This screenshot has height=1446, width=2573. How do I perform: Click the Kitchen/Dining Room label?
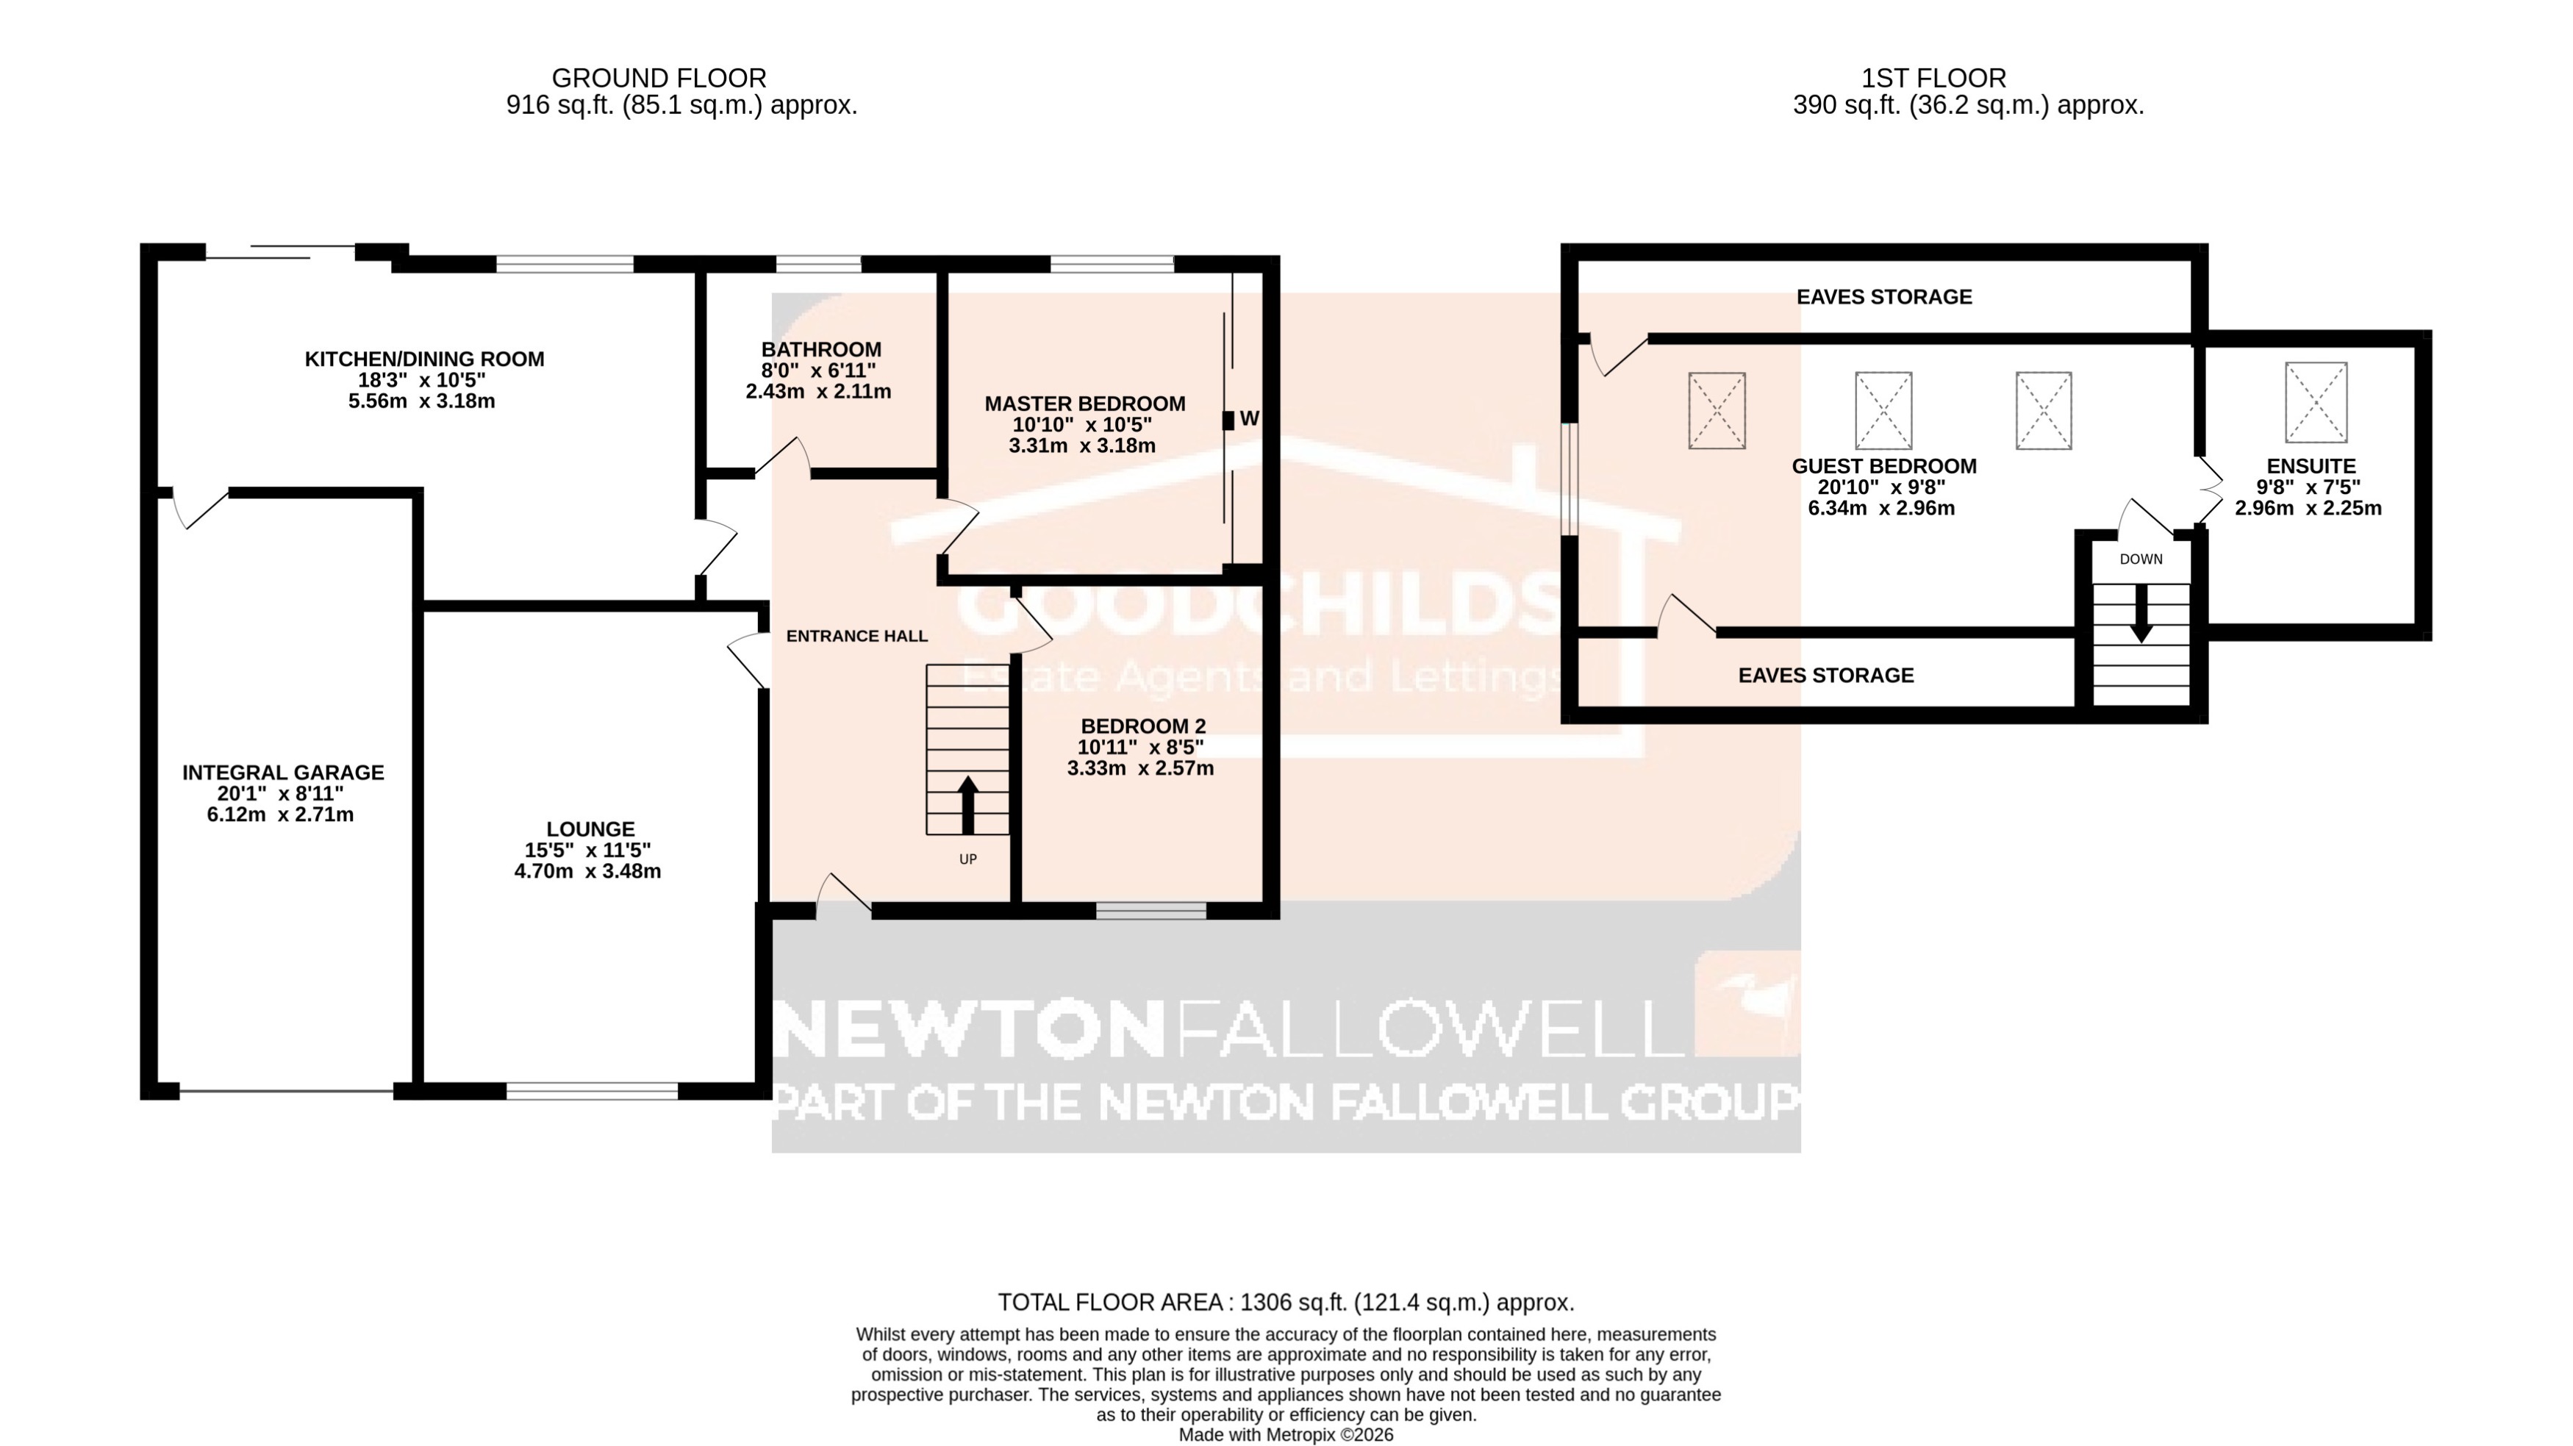coord(424,359)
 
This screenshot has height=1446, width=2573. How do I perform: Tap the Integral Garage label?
coord(283,773)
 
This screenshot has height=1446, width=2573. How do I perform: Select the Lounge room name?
coord(590,828)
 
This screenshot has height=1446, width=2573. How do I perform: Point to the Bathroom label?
coord(821,349)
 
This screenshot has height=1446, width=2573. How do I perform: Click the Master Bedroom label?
coord(1085,404)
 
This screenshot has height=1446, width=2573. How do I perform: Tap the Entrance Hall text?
coord(857,636)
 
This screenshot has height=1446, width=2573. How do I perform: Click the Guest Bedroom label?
coord(1883,466)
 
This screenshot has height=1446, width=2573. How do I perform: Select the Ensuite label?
coord(2311,466)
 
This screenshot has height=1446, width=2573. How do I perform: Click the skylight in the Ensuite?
coord(2315,402)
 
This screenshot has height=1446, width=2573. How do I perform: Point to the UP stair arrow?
coord(967,804)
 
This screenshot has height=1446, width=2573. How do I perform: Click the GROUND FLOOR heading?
coord(659,78)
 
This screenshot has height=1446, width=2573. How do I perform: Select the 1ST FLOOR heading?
coord(1933,78)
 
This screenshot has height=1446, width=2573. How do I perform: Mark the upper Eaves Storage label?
coord(1883,296)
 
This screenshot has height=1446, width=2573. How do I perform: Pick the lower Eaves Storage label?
coord(1826,675)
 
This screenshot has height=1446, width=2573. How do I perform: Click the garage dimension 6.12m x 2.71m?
coord(281,815)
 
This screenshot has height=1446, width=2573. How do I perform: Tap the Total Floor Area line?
coord(1286,1302)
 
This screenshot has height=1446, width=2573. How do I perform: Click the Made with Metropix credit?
coord(1286,1435)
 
